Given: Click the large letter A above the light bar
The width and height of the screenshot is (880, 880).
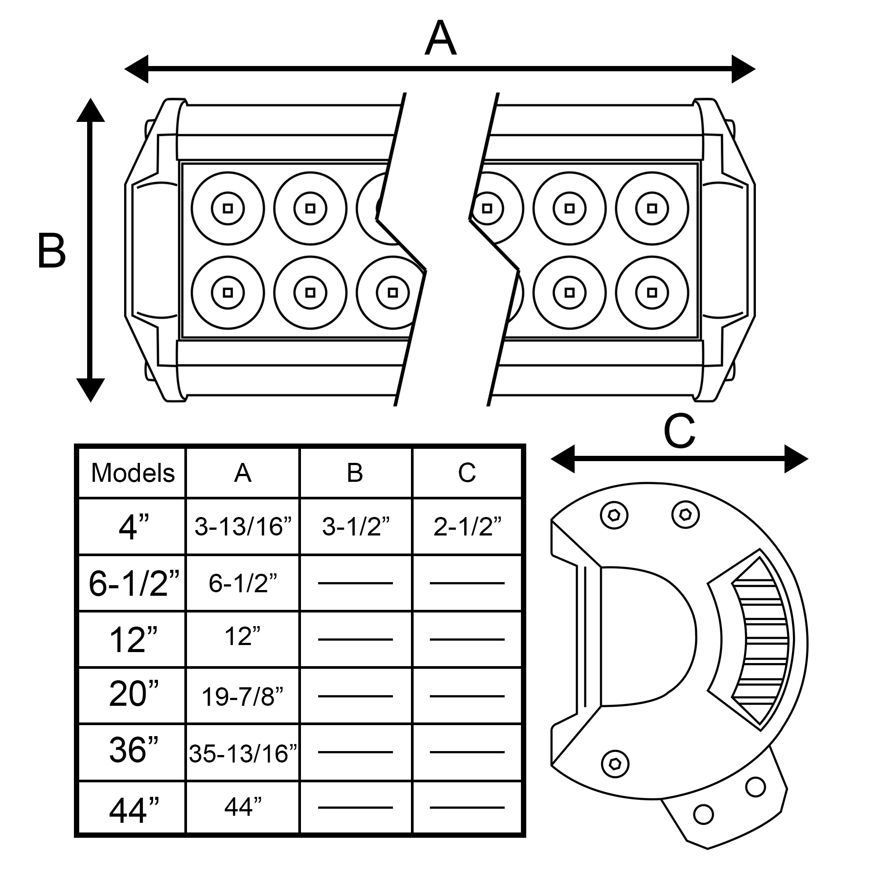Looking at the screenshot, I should click(440, 39).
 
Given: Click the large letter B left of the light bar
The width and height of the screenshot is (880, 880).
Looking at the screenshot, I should click(51, 250).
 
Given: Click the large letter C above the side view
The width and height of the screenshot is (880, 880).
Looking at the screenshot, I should click(679, 431).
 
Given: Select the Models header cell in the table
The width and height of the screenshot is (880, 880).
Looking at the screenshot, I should click(132, 473).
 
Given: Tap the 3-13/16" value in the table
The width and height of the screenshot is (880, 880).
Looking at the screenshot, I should click(243, 527).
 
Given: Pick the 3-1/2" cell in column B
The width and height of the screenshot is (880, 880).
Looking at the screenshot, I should click(356, 527).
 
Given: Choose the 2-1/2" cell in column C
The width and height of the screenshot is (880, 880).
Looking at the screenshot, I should click(467, 527).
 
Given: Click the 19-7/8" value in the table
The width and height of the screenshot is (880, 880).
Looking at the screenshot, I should click(243, 697).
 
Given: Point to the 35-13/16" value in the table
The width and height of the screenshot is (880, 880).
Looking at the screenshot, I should click(243, 754).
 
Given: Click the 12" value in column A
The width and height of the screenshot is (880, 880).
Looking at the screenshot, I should click(243, 636).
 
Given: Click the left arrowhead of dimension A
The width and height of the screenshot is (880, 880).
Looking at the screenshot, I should click(137, 69).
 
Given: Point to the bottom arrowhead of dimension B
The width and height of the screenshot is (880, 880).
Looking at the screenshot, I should click(91, 390).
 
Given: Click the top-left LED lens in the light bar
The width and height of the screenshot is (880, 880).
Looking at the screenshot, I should click(228, 209).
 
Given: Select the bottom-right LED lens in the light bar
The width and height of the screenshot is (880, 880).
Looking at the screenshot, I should click(652, 293).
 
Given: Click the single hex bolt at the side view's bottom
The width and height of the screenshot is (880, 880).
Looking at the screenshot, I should click(615, 763).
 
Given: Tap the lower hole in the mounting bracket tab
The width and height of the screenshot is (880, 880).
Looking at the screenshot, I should click(703, 814).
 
